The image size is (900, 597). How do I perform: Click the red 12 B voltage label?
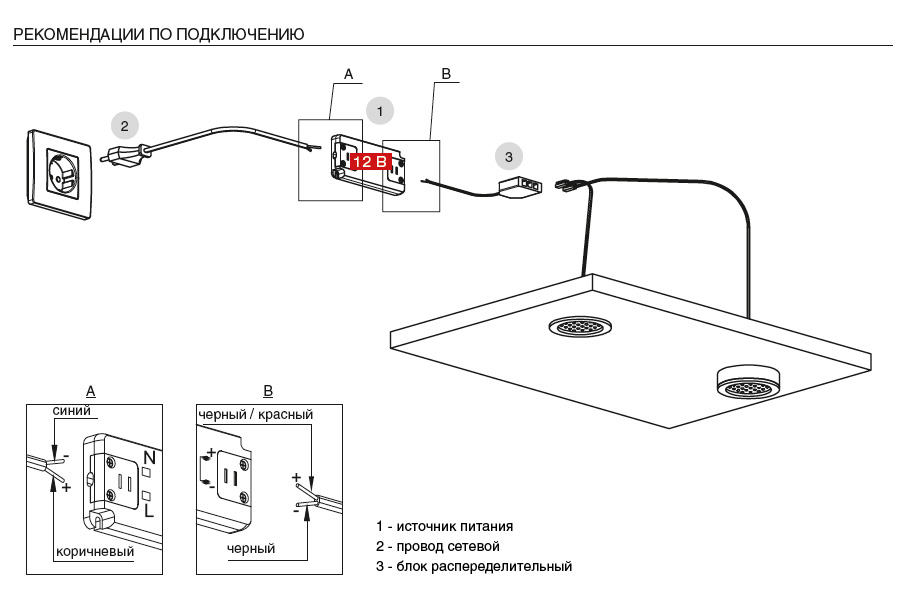[x=371, y=162]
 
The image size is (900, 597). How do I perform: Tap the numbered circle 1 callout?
[x=379, y=111]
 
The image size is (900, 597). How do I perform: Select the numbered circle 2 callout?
[x=125, y=126]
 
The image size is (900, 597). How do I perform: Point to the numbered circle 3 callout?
[x=509, y=157]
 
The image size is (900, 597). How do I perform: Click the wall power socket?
[x=59, y=175]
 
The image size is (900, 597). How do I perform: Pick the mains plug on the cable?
[x=123, y=156]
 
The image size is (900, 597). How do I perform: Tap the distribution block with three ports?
[x=520, y=185]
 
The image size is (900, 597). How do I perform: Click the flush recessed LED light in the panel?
[x=581, y=327]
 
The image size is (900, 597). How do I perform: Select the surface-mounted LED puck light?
[x=747, y=382]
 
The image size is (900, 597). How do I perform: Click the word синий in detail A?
[x=72, y=410]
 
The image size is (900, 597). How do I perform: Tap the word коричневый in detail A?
[x=95, y=552]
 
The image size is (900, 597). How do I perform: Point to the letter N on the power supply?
[x=149, y=458]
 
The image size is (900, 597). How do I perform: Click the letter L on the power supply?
[x=149, y=510]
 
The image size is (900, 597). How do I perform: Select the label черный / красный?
[x=255, y=414]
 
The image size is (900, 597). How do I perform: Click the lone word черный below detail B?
[x=251, y=549]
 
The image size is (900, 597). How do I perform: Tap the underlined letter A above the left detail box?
[x=91, y=391]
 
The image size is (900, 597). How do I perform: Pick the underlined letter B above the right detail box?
[x=268, y=391]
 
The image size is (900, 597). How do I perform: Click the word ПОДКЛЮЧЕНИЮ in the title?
[x=240, y=34]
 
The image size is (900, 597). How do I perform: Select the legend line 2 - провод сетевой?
[x=438, y=546]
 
